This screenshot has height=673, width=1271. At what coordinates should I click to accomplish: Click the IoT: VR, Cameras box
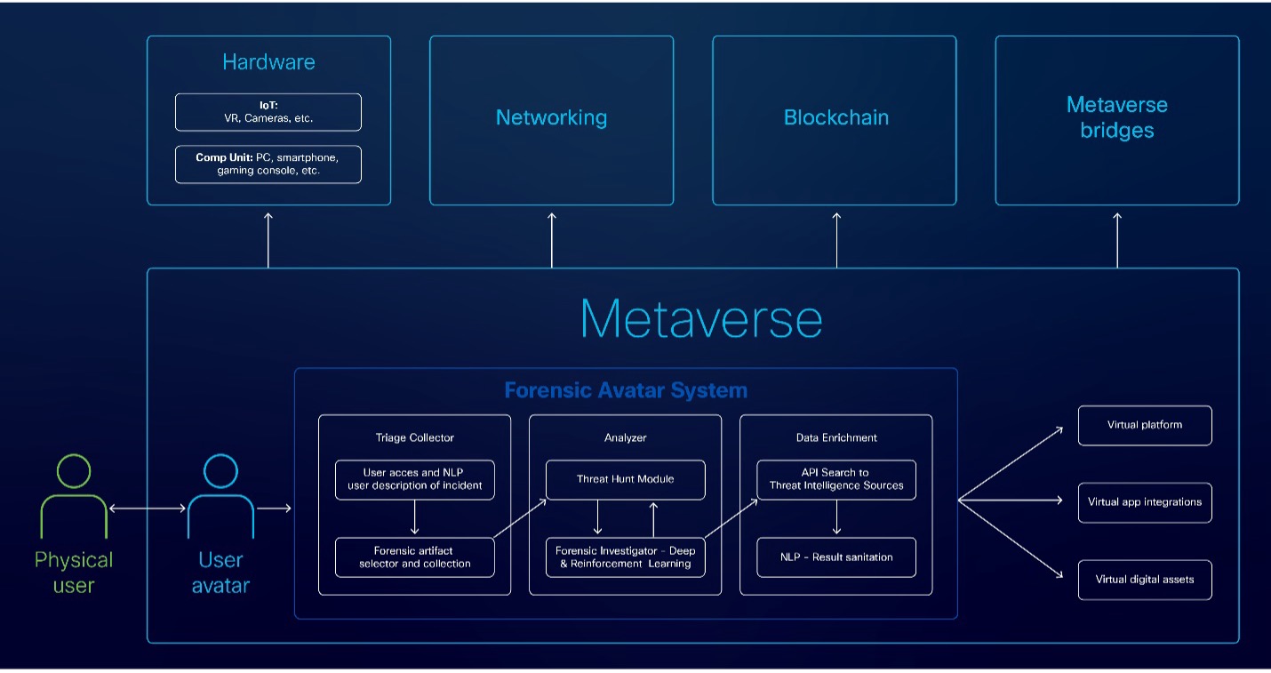point(268,112)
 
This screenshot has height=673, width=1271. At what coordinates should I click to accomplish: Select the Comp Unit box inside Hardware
point(268,164)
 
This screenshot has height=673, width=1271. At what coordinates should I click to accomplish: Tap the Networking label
point(552,117)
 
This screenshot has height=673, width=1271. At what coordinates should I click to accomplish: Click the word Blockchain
point(835,117)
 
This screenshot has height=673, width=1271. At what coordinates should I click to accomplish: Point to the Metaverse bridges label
point(1116,117)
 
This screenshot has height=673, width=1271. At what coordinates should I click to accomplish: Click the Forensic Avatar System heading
point(626,390)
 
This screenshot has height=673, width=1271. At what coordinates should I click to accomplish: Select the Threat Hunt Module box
point(626,479)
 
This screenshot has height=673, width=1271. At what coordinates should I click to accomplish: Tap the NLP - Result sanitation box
point(836,557)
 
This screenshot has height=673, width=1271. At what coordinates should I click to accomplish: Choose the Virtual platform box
point(1145,425)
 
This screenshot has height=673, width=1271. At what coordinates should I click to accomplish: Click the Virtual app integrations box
point(1145,502)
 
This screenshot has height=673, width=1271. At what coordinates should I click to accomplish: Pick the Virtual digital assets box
point(1145,580)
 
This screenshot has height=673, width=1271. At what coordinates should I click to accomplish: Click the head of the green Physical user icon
point(74,470)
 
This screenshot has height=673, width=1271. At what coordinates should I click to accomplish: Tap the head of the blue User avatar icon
point(220,470)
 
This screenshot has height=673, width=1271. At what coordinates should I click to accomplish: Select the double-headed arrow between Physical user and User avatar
point(147,509)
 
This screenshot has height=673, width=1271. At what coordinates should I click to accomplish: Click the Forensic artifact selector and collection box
point(415,557)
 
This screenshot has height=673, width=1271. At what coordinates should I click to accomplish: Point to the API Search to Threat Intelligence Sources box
point(836,479)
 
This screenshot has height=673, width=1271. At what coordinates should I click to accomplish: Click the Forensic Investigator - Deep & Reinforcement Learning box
point(626,557)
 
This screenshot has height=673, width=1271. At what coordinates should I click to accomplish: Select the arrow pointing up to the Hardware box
point(268,240)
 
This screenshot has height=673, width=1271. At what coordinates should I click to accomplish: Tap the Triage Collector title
point(415,437)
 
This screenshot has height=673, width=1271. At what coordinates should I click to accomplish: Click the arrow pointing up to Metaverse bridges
point(1117,240)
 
